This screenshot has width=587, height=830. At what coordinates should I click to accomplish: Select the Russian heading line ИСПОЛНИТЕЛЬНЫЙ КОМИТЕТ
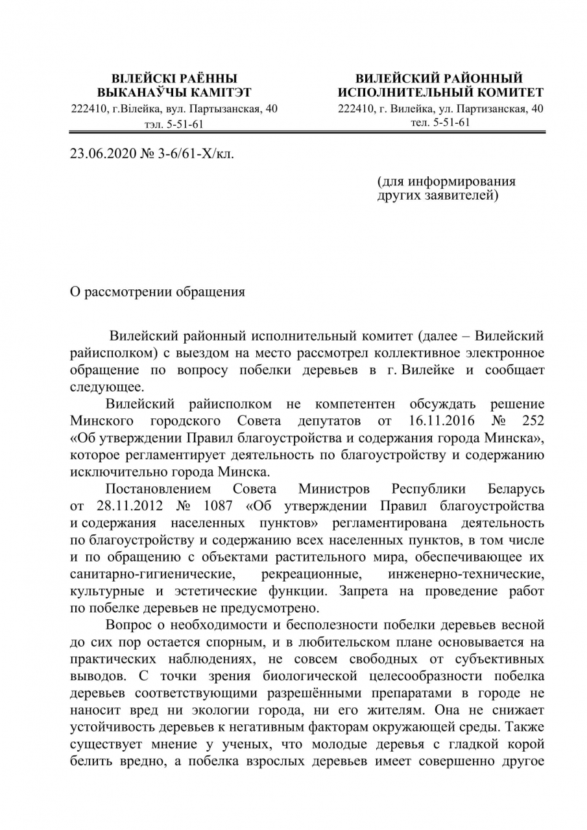[440, 93]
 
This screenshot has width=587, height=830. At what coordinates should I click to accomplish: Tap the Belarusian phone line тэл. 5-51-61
[174, 124]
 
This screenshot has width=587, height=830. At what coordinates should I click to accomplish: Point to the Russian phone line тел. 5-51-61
[440, 122]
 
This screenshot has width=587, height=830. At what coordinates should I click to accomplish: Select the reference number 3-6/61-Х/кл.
[193, 155]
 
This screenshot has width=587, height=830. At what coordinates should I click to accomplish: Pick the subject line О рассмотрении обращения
[158, 291]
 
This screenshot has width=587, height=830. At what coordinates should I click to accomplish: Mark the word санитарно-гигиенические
[152, 574]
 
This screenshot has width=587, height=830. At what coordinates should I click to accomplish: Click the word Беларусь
[516, 488]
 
